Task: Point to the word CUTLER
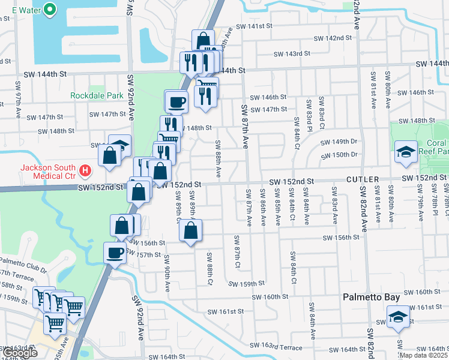[362, 179]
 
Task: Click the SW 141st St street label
[255, 26]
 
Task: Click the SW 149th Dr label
[339, 142]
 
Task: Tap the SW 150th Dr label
[339, 155]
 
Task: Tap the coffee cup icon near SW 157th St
[115, 253]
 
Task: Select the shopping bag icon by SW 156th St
[190, 231]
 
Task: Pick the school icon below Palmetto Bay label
[397, 317]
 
